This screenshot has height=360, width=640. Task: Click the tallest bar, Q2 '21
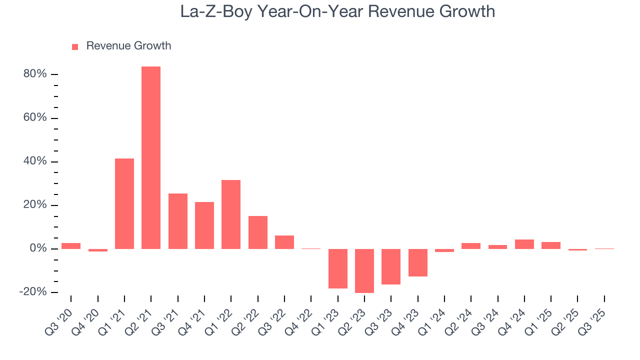(x=151, y=157)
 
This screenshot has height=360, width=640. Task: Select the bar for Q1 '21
(x=124, y=203)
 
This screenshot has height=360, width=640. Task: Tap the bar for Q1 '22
(x=231, y=214)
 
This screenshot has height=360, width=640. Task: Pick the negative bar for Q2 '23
(x=364, y=270)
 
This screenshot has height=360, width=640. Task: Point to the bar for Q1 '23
(x=337, y=268)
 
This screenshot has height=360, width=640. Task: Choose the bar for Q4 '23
(x=417, y=262)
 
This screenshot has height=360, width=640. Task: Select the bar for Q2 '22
(x=257, y=232)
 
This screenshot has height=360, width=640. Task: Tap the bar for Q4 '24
(x=524, y=244)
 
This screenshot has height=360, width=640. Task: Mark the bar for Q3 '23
(x=391, y=266)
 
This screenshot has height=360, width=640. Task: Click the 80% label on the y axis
(x=35, y=74)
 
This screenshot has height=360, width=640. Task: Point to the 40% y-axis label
(x=35, y=161)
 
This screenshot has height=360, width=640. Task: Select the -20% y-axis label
(x=33, y=292)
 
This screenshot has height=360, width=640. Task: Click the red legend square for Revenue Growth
(x=75, y=46)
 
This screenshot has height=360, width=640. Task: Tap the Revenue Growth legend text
(x=128, y=46)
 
